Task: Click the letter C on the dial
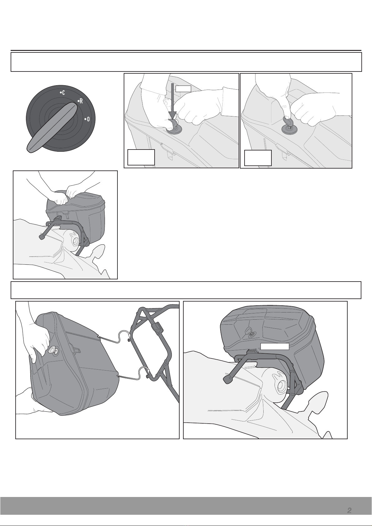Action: point(63,93)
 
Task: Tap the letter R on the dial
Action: point(81,101)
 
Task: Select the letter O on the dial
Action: point(88,119)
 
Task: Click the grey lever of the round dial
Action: point(52,127)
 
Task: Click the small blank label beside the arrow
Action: point(183,88)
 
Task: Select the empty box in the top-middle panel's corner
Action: point(141,157)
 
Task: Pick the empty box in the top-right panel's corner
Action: point(258,158)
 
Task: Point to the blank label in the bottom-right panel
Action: point(275,347)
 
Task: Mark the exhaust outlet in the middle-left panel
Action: point(76,241)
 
